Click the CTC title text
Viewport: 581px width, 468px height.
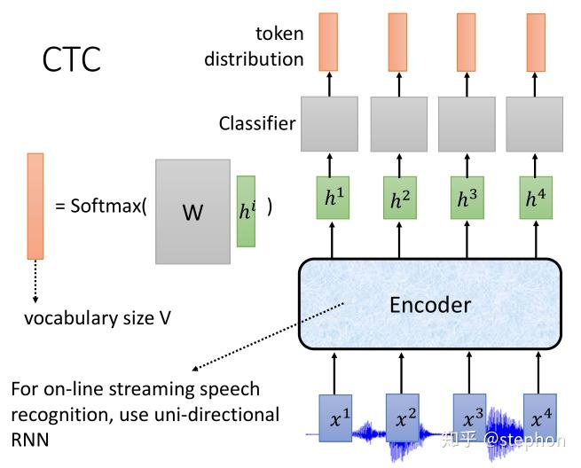72,59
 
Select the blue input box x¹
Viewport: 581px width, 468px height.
334,417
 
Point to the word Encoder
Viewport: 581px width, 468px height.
429,305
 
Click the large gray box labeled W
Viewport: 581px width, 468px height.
192,212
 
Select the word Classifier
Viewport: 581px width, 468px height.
257,123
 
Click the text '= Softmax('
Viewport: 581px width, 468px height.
100,207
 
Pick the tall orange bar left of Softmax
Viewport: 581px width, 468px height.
35,206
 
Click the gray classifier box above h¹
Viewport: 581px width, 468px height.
329,124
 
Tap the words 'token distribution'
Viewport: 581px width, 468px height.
255,47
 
